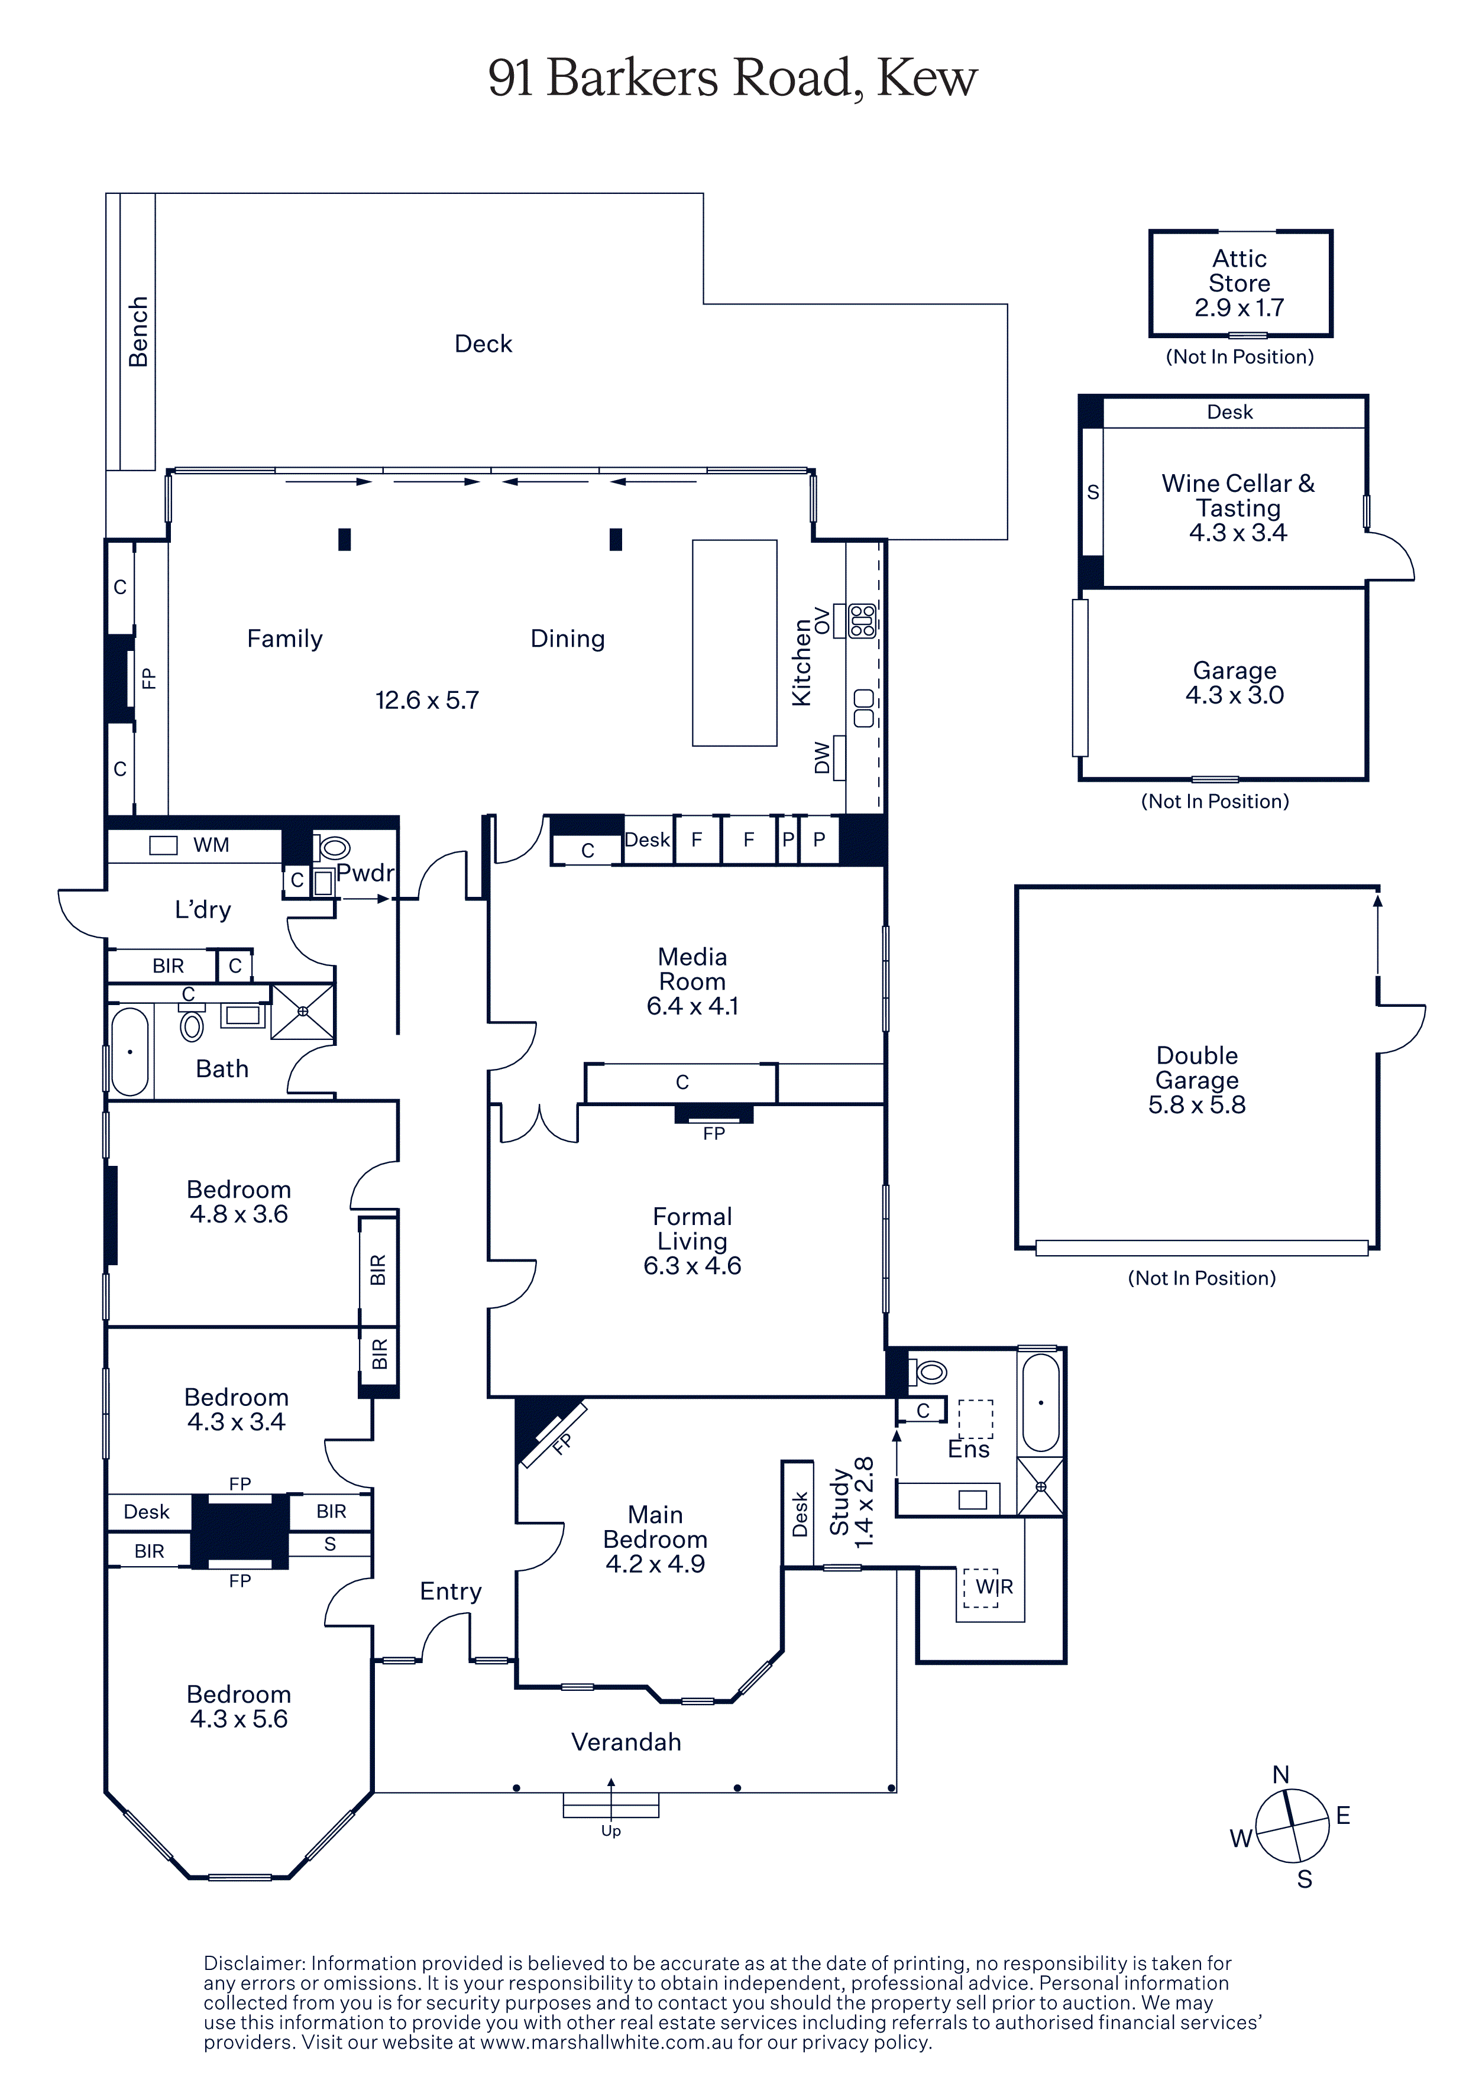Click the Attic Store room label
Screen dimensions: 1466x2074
[1240, 271]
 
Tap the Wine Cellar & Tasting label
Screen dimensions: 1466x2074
[1238, 496]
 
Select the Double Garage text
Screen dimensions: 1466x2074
[1197, 1068]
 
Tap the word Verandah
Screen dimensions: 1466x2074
[626, 1742]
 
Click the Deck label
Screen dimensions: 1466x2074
[483, 343]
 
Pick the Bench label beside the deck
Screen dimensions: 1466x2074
[138, 332]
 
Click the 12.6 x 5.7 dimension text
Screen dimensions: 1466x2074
[427, 700]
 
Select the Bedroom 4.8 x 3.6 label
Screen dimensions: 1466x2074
[238, 1201]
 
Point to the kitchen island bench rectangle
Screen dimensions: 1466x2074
[734, 643]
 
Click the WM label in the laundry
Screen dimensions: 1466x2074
[211, 845]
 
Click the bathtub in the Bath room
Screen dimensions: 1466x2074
[130, 1051]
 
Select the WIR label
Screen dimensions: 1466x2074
[993, 1586]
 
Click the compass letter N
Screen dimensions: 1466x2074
[1281, 1775]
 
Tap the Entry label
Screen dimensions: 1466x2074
[451, 1591]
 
